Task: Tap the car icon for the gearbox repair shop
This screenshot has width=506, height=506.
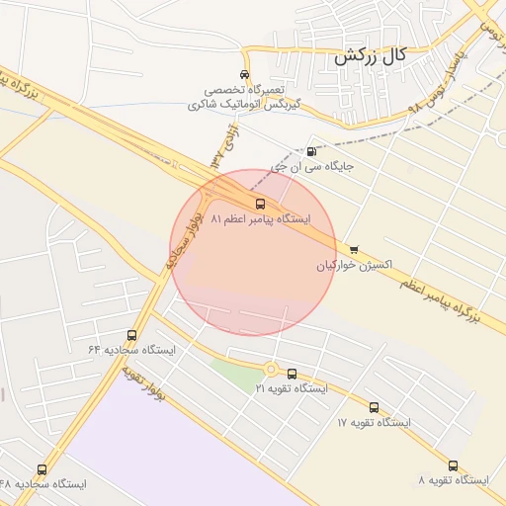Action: point(244,75)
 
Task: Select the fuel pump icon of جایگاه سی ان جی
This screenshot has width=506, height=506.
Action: point(312,152)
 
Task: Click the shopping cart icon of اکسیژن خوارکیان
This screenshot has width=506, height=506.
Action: point(355,249)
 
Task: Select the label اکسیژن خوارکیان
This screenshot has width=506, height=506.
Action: point(355,265)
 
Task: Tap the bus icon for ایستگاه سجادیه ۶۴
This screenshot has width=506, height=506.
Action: point(132,336)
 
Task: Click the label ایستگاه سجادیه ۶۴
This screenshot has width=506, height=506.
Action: point(131,351)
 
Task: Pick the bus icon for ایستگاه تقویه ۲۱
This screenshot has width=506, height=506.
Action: point(291,374)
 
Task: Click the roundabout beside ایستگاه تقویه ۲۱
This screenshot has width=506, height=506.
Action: point(270,370)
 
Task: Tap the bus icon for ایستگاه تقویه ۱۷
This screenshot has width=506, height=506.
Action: point(374,407)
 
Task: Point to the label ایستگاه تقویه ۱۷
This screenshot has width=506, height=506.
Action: point(374,422)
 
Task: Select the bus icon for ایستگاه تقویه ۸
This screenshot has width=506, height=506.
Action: point(453,465)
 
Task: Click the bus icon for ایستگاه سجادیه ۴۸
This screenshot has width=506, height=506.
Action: point(42,469)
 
